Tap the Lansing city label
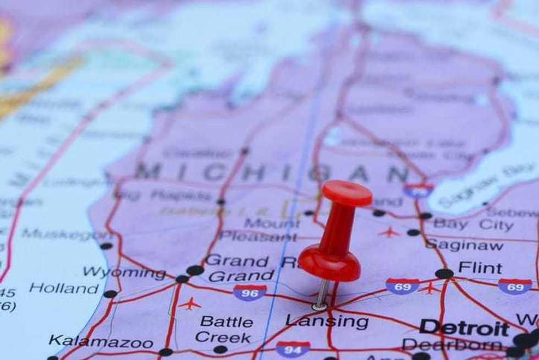(327, 321)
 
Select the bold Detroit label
(464, 328)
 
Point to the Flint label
(480, 268)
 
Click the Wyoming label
(124, 272)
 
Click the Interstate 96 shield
(250, 292)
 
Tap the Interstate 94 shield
(293, 348)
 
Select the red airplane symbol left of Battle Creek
(189, 303)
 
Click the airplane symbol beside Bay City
(389, 232)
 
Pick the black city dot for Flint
(444, 274)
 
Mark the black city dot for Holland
(110, 294)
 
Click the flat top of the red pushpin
(346, 193)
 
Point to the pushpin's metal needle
(322, 292)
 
